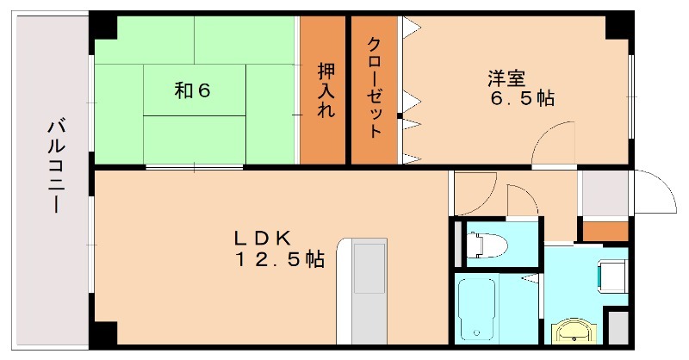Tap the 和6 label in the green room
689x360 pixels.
click(x=193, y=90)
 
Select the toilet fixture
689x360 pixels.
click(x=485, y=243)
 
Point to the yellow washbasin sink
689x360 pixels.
click(x=570, y=331)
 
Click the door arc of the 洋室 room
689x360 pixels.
click(x=553, y=143)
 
